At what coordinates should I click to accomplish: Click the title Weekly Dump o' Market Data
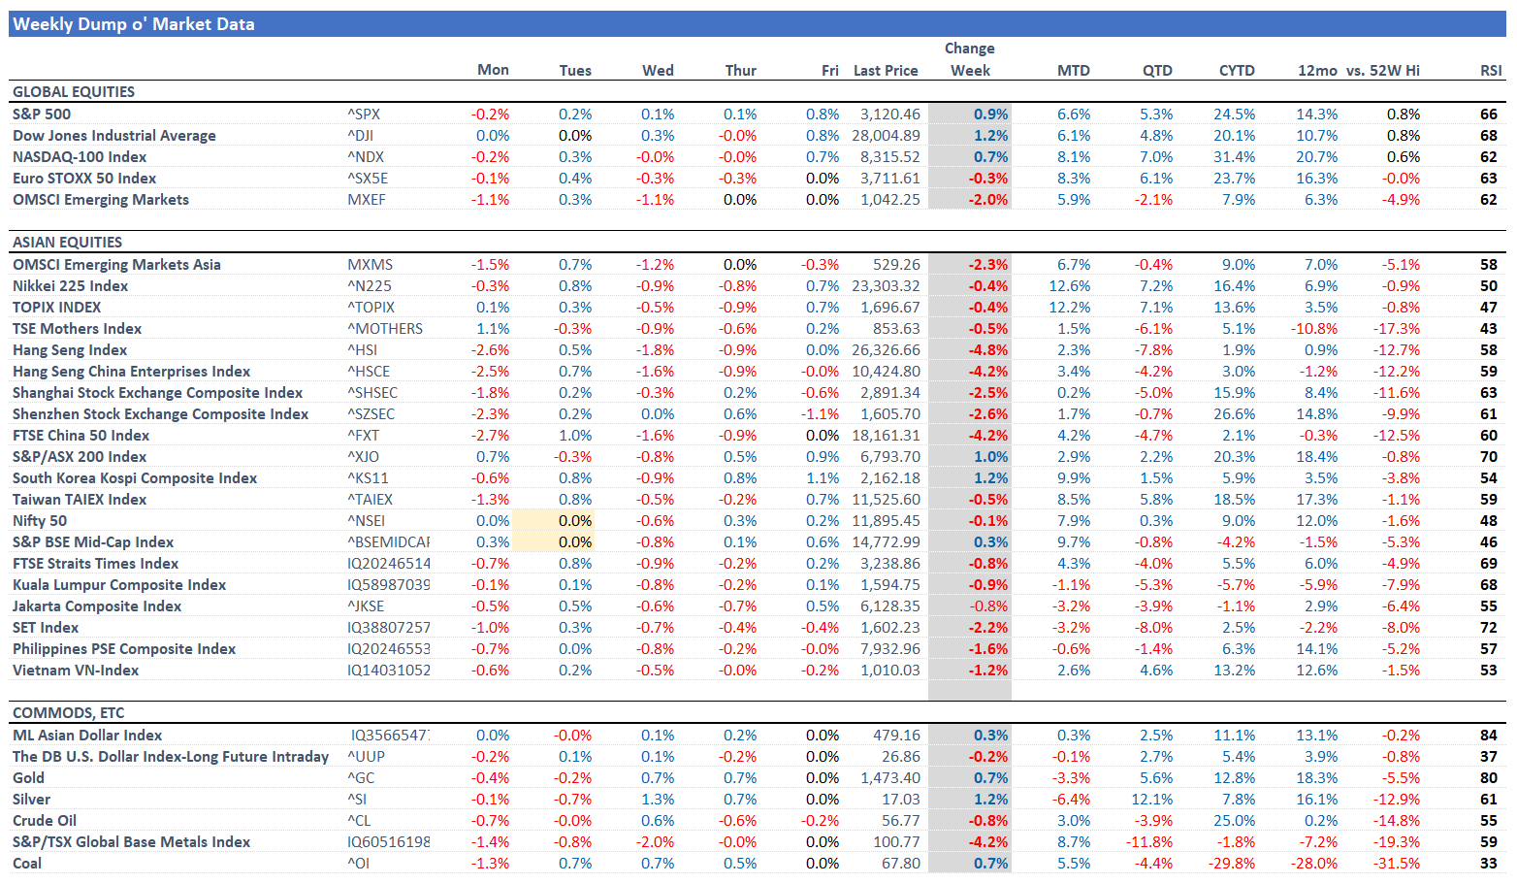[x=134, y=24]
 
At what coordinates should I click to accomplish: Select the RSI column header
[x=1490, y=70]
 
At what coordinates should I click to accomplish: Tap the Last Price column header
[x=885, y=70]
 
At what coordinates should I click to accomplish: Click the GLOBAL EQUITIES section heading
[x=74, y=92]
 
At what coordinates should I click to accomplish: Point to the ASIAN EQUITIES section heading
[x=67, y=243]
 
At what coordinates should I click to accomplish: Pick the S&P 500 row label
[x=42, y=115]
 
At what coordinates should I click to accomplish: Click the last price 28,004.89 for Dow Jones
[x=886, y=136]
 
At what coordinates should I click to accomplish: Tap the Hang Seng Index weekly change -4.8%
[x=987, y=350]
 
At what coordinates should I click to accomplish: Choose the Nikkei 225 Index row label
[x=70, y=286]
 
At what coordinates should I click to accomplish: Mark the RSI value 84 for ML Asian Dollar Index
[x=1488, y=736]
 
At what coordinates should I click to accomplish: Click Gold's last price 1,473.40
[x=890, y=778]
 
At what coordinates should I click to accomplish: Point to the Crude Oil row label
[x=45, y=821]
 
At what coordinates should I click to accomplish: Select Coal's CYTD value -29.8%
[x=1234, y=864]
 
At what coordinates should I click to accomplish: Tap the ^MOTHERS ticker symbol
[x=385, y=329]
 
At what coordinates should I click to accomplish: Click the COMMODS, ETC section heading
[x=68, y=713]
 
